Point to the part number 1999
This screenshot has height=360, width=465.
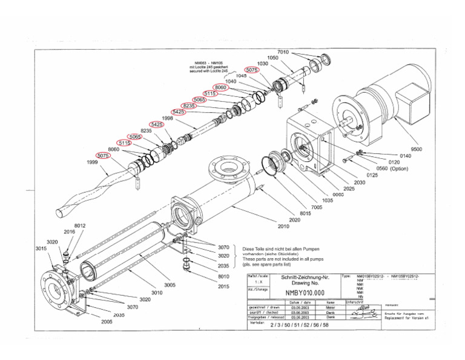(91, 162)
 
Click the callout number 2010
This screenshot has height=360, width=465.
(283, 227)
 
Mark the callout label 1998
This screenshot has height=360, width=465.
(168, 118)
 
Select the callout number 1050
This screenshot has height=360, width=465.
(273, 57)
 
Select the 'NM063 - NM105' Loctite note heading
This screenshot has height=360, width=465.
(208, 62)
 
